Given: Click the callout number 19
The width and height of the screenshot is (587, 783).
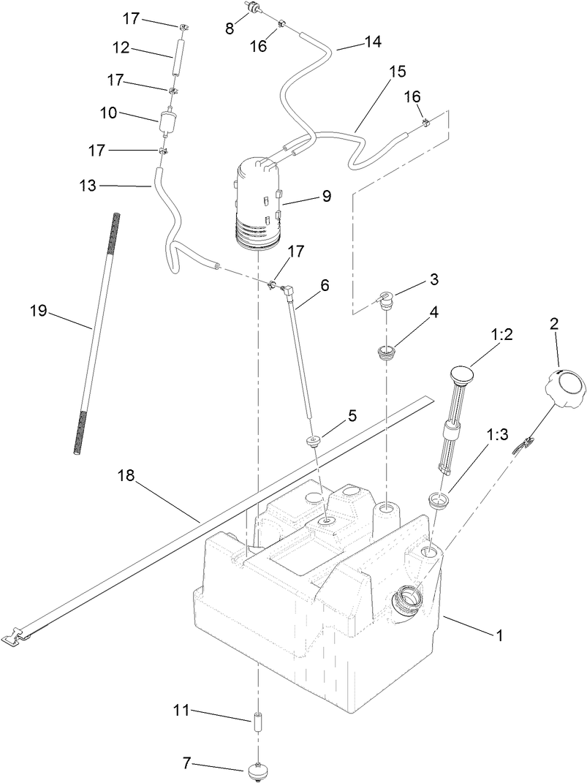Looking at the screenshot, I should [x=38, y=311].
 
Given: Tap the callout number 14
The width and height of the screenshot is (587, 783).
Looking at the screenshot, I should [x=372, y=42].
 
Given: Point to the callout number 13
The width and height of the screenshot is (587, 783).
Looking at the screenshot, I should [x=88, y=186].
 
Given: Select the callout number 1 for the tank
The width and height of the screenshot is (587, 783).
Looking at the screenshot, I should [x=499, y=636].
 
